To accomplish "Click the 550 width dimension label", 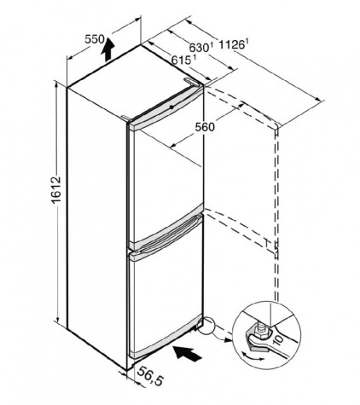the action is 95,39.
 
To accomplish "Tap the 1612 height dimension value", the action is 56,189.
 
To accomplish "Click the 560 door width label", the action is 205,127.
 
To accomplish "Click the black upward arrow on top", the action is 107,49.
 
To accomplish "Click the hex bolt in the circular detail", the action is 259,332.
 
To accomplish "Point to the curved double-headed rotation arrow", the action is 253,356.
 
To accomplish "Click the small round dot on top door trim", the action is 171,107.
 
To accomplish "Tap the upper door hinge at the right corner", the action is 191,82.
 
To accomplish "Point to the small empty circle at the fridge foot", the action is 206,326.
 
